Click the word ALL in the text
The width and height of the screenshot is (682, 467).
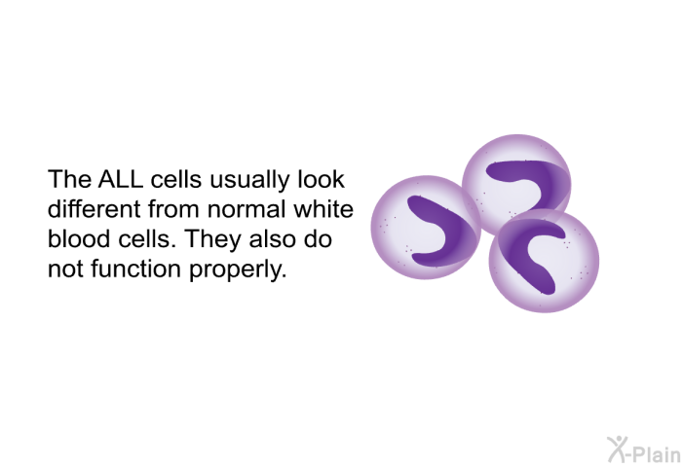121,179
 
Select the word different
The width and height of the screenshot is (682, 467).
95,209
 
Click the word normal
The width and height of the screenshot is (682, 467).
246,209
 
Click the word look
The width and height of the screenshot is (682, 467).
322,179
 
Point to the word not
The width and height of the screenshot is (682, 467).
65,269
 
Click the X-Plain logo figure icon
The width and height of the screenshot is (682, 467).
618,449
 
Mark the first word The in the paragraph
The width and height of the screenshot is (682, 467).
69,179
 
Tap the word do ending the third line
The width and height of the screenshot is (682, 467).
318,238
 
